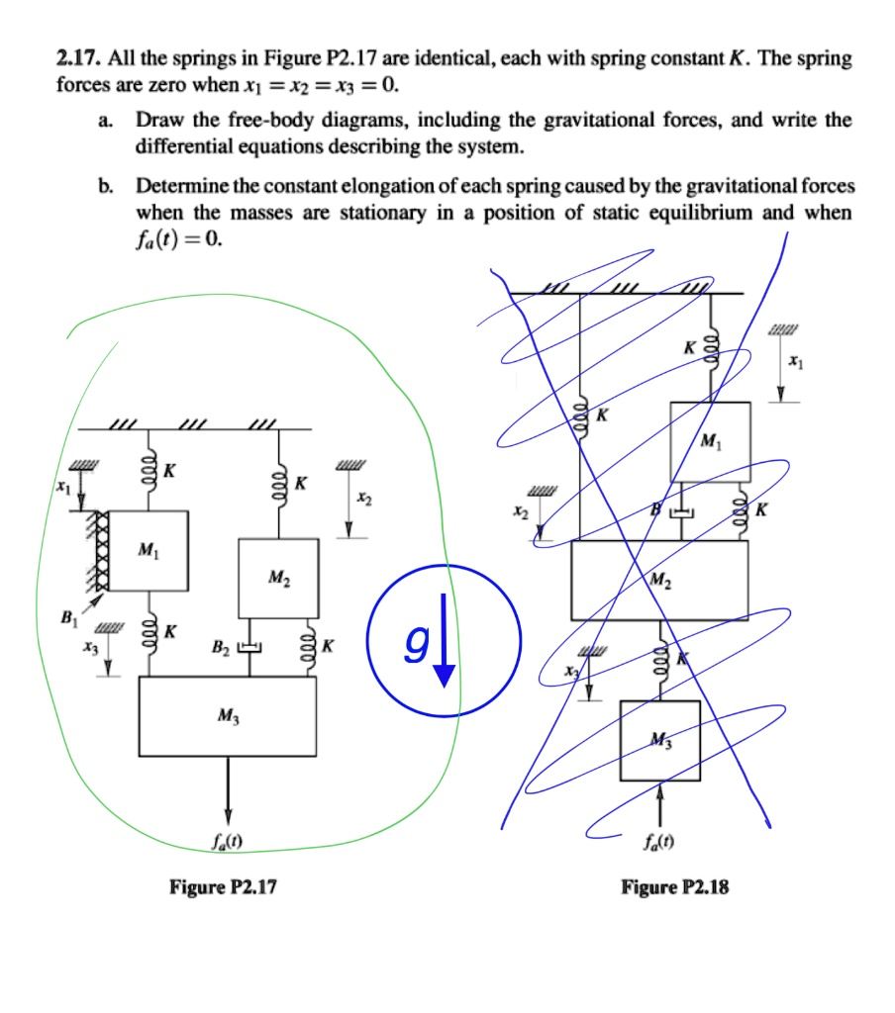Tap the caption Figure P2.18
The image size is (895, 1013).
(674, 887)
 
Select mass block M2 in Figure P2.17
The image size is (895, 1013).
(278, 578)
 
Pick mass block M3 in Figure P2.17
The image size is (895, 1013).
(228, 717)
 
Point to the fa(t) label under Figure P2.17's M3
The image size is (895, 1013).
(228, 843)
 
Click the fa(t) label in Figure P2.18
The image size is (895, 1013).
(660, 843)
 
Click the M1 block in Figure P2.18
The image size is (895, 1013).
(710, 441)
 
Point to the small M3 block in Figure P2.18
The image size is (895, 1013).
(659, 740)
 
